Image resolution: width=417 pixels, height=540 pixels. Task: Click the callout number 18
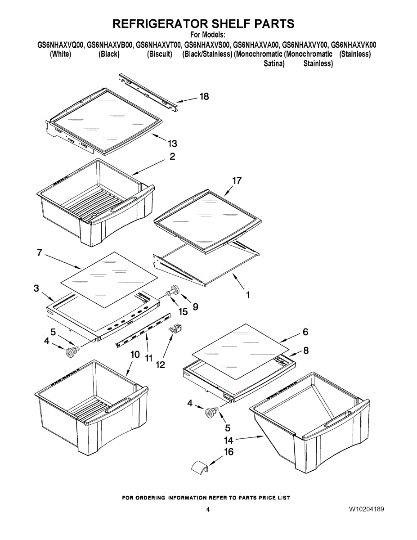204,96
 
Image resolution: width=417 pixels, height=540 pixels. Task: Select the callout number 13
172,144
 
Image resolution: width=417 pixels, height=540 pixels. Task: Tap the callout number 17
237,181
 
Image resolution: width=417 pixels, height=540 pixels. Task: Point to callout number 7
40,253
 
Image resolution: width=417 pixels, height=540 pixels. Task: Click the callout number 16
229,452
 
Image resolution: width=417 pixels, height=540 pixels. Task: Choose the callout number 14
229,440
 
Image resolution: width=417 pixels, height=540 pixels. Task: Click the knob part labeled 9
175,290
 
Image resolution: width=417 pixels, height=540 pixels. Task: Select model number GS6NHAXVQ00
60,45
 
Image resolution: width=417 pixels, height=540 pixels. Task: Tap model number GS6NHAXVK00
354,45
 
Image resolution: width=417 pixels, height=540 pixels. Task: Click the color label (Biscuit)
160,54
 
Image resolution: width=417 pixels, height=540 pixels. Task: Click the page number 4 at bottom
208,510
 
